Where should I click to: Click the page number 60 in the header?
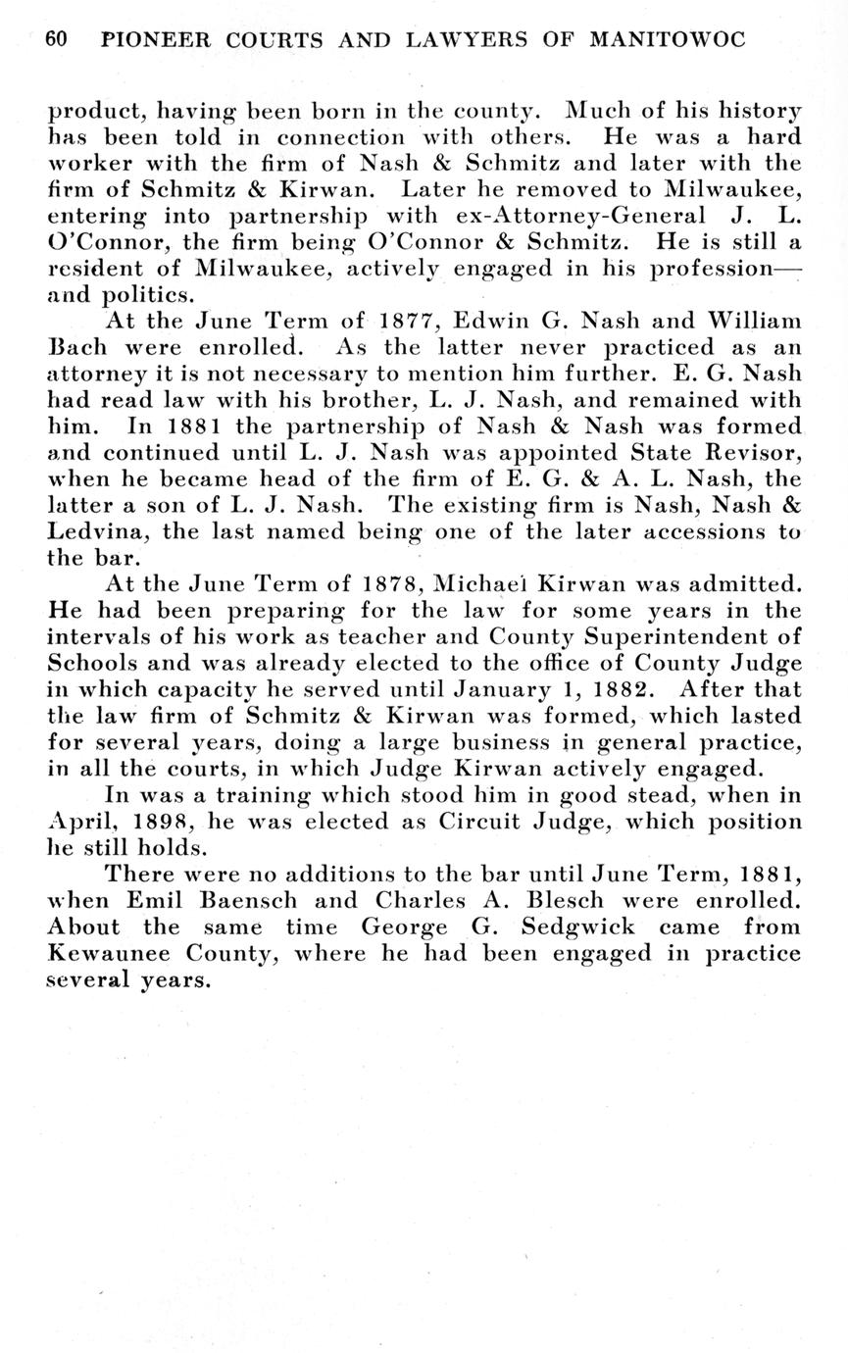(56, 40)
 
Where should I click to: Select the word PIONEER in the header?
(159, 40)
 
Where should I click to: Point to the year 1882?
(615, 689)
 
